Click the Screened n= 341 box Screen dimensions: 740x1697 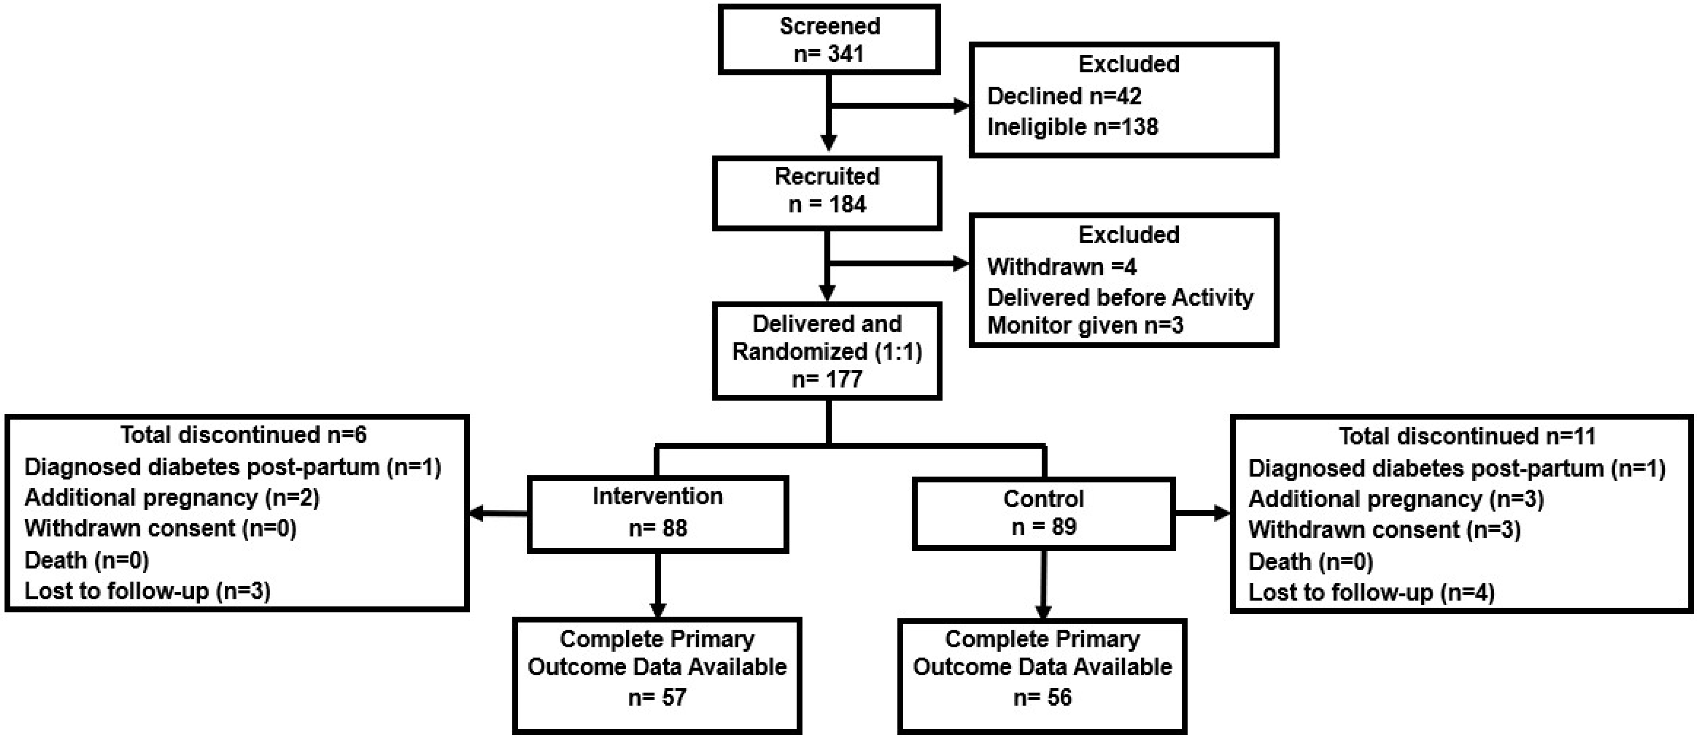pos(829,40)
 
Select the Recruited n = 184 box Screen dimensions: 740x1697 pos(827,193)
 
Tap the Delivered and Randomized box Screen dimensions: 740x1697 pos(827,351)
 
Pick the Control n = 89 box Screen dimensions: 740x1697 pos(1044,513)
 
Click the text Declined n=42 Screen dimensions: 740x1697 pos(1064,96)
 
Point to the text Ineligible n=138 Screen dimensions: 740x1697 pos(1072,127)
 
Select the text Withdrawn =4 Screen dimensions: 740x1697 pos(1061,267)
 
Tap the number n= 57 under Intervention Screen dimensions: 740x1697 pos(657,697)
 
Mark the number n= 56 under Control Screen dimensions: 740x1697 pos(1042,697)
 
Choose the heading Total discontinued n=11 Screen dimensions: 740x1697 pos(1467,436)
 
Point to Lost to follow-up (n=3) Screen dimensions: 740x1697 pos(148,591)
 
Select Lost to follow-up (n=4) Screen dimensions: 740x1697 pos(1371,593)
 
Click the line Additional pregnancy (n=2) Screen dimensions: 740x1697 pos(172,497)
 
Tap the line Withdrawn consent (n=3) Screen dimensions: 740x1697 pos(1384,530)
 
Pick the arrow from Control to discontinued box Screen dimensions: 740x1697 pos(1202,513)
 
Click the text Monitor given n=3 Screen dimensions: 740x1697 pos(1085,325)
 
